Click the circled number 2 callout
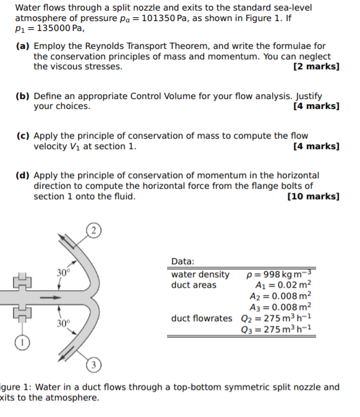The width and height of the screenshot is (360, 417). click(93, 230)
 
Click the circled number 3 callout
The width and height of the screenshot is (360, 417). click(93, 365)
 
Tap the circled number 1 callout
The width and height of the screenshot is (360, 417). click(22, 342)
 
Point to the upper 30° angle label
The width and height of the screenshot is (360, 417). click(63, 273)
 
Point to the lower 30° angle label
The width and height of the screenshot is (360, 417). click(63, 324)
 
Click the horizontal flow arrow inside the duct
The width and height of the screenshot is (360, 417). click(51, 298)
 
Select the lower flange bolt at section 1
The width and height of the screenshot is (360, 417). click(22, 314)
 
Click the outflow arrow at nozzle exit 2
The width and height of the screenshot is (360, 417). click(66, 241)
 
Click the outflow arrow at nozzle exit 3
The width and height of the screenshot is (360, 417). click(66, 354)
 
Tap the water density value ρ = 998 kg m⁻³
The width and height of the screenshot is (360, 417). click(278, 274)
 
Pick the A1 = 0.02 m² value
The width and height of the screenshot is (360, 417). click(283, 285)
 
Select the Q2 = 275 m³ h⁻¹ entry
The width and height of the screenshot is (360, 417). click(276, 318)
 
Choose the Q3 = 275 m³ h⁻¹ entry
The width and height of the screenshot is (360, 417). click(276, 329)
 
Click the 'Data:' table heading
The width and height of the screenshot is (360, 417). click(182, 262)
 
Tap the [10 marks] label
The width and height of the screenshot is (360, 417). click(314, 196)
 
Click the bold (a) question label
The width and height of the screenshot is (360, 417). click(23, 46)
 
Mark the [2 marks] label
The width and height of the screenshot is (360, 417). click(317, 66)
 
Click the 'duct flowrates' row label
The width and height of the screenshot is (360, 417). click(202, 318)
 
